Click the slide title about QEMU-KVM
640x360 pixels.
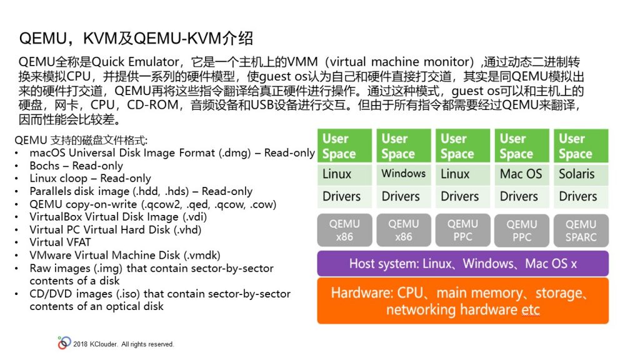click(136, 38)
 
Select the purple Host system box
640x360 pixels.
click(463, 264)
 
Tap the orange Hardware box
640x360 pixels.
click(463, 301)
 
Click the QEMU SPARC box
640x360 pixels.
click(581, 231)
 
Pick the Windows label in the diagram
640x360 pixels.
click(403, 174)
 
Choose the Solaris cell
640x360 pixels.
click(581, 174)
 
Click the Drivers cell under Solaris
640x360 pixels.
click(581, 196)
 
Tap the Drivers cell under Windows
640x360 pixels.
click(403, 196)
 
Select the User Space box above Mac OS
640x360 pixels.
click(522, 146)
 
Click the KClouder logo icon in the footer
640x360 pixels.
click(64, 343)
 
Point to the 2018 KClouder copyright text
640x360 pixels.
click(123, 344)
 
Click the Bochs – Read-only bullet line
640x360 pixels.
click(76, 166)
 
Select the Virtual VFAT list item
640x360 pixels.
click(60, 242)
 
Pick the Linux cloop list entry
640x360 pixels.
click(90, 178)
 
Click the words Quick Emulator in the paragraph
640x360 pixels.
click(135, 62)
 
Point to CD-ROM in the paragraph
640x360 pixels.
click(152, 105)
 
